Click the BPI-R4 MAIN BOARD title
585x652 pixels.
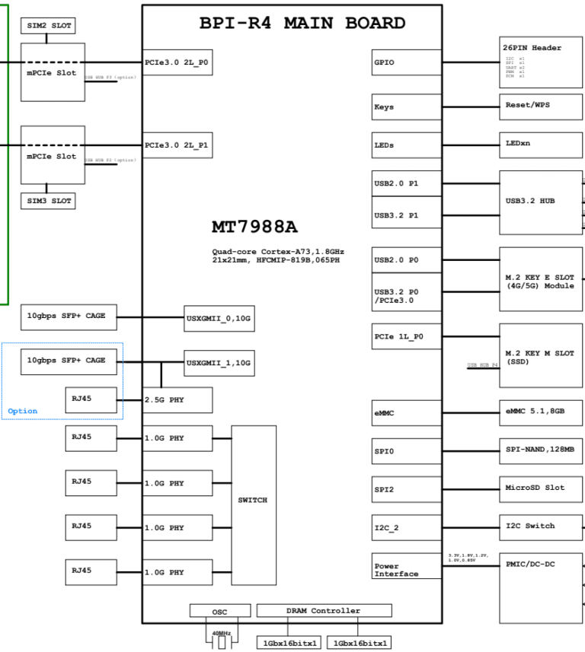click(302, 23)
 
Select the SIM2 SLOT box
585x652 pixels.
click(48, 26)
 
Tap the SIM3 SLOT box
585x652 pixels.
click(48, 201)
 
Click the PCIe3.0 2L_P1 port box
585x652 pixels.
click(176, 145)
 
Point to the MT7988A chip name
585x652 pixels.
click(254, 227)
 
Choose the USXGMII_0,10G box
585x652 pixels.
click(219, 318)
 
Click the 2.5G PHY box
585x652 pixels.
click(177, 400)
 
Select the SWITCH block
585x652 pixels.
click(253, 500)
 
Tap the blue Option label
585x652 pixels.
click(22, 411)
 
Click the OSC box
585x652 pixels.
click(219, 611)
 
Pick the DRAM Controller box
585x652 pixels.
click(324, 610)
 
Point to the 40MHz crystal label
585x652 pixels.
click(222, 633)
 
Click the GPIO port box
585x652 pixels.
click(406, 62)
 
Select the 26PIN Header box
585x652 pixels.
click(541, 61)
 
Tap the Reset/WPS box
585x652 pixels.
click(541, 105)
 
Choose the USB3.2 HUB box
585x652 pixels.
click(541, 202)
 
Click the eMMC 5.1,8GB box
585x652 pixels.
click(541, 411)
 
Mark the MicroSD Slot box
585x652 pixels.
click(541, 488)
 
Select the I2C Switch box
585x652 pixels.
click(541, 526)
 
